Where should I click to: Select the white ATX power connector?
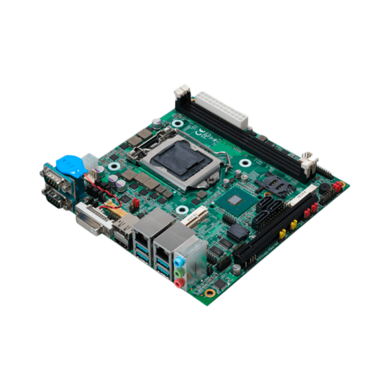tap(222, 109)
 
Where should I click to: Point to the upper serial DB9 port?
tap(53, 176)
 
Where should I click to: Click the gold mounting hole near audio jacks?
tap(210, 292)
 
